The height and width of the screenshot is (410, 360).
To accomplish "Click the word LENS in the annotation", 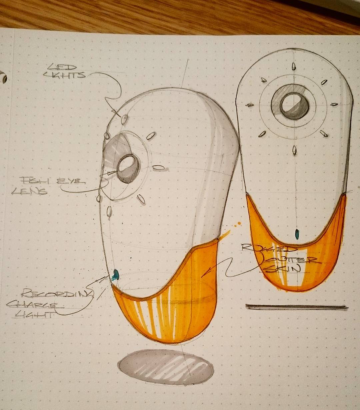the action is point(29,191).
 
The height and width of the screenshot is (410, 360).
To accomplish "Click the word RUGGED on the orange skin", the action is point(269,248).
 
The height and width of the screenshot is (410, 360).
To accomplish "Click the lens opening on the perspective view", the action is point(127,164).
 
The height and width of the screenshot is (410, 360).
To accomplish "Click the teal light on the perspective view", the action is point(116,274).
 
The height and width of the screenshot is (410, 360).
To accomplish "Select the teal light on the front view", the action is point(297,234).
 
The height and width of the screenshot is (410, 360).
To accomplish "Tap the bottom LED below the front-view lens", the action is point(294,150).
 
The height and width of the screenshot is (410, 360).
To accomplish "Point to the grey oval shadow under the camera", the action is point(166,367).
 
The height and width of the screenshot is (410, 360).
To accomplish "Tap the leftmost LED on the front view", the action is point(249,105).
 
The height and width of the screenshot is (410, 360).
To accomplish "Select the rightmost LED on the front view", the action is point(334,104).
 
